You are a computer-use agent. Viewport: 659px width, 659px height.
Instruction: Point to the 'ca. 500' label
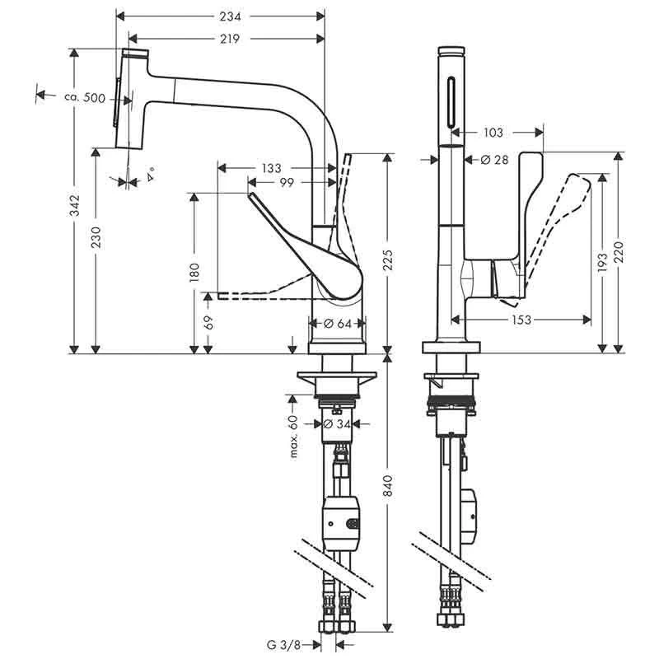tap(85, 98)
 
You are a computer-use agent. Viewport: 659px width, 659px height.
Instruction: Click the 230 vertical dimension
tap(96, 239)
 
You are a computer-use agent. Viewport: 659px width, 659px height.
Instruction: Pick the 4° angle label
tap(150, 175)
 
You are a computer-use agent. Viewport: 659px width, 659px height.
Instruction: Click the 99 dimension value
tap(287, 182)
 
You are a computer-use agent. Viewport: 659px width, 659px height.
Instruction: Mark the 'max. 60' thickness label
tap(292, 436)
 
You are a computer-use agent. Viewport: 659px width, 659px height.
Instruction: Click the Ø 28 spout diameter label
tap(492, 160)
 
